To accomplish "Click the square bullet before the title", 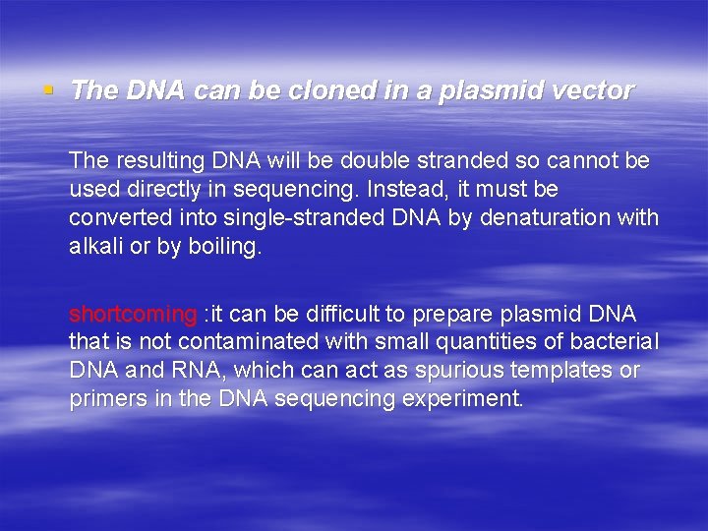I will [x=47, y=90].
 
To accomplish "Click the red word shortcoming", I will [x=133, y=314].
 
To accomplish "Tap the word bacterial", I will [x=617, y=342].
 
